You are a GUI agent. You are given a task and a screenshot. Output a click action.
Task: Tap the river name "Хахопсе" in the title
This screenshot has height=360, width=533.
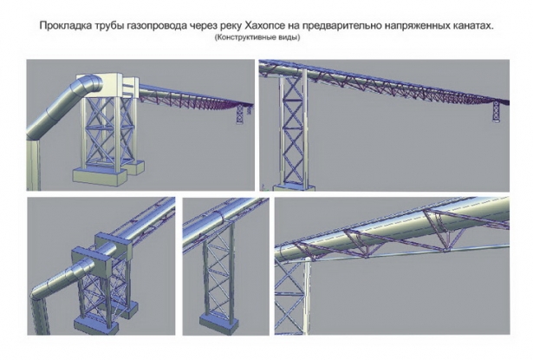[264, 26]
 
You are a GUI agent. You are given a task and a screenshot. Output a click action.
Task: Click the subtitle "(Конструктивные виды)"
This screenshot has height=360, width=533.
[257, 37]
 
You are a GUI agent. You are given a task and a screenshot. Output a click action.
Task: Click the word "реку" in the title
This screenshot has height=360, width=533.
[230, 27]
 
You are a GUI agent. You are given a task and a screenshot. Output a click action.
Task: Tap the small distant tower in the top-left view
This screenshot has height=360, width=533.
[240, 115]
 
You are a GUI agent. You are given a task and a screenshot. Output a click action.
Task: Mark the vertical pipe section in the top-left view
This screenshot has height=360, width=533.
[34, 165]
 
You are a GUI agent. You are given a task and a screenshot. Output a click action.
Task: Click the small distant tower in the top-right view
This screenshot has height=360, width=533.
[497, 111]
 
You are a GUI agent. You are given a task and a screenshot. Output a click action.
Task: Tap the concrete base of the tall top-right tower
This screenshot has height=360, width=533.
[295, 187]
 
